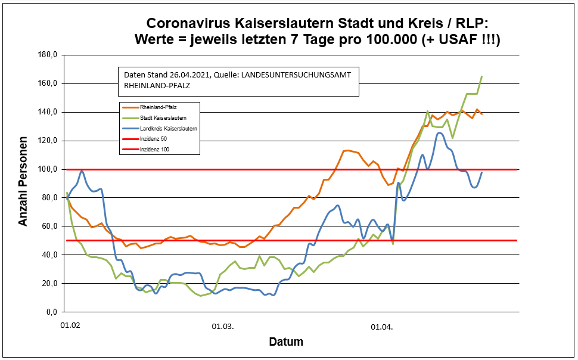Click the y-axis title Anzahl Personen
pos(23,183)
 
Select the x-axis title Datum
pos(286,342)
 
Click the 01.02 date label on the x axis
pos(71,327)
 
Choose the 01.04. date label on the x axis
pos(382,327)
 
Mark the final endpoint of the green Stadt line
pos(481,76)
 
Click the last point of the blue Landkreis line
pos(481,172)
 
